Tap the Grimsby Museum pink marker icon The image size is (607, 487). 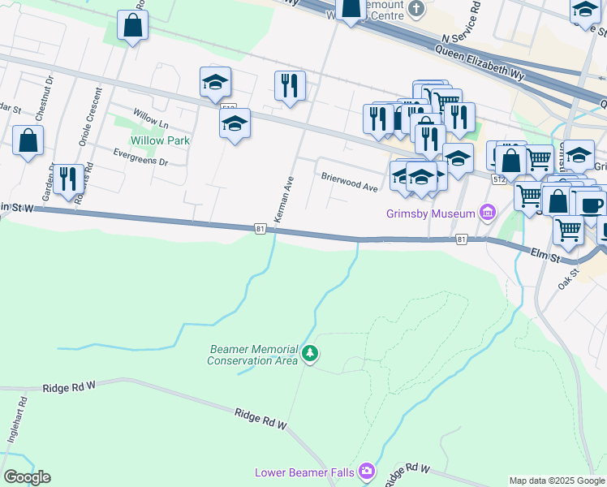pyautogui.click(x=488, y=213)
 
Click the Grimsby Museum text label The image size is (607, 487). pyautogui.click(x=431, y=214)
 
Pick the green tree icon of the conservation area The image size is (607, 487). pyautogui.click(x=309, y=354)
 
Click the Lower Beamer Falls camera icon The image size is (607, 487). pyautogui.click(x=368, y=472)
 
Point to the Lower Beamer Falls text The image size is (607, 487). pyautogui.click(x=307, y=472)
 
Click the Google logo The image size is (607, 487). pyautogui.click(x=27, y=477)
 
